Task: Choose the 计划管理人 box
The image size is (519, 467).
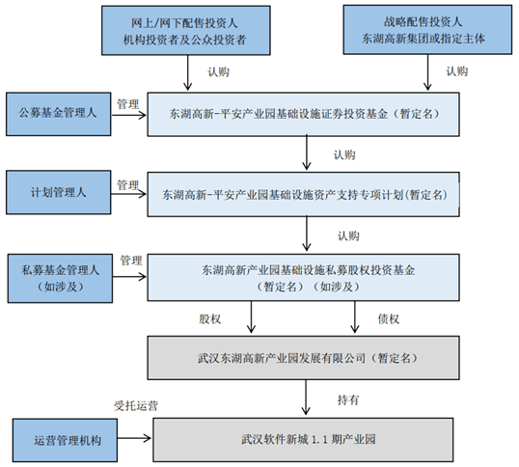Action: [60, 192]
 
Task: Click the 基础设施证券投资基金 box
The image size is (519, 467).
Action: [306, 113]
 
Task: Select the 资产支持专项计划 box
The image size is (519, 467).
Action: [306, 193]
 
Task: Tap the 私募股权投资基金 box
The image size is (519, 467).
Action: [306, 278]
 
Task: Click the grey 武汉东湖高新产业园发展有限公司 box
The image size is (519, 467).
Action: [306, 357]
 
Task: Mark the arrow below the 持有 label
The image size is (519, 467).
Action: [306, 397]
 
